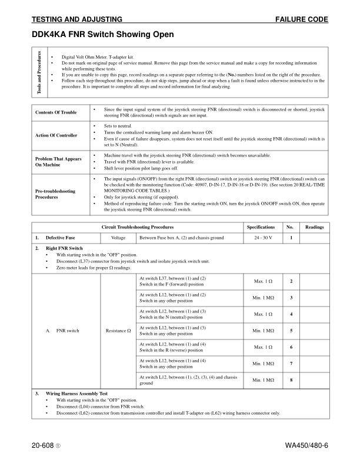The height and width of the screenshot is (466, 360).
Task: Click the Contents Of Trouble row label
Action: [x=56, y=112]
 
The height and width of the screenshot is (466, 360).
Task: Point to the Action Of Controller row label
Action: [x=56, y=135]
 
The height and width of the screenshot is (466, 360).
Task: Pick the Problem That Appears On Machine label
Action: [x=56, y=161]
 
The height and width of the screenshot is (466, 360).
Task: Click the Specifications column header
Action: [x=260, y=227]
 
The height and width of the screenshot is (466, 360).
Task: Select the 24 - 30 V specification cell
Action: [x=260, y=238]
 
